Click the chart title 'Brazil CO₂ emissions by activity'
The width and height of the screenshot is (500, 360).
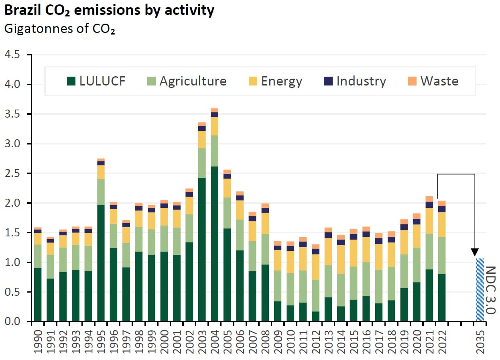coord(109,11)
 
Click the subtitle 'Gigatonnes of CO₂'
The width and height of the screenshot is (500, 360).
coord(59,29)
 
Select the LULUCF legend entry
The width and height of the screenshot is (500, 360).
coord(96,81)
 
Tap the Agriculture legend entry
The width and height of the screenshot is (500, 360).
coord(187,81)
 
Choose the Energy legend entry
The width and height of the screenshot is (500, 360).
coord(275,81)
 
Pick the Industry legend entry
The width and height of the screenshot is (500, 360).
coord(355,81)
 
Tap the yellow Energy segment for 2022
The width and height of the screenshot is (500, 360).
coord(442,225)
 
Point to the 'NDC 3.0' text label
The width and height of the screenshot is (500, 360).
coord(490,290)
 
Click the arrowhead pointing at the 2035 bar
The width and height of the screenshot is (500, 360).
coord(475,252)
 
